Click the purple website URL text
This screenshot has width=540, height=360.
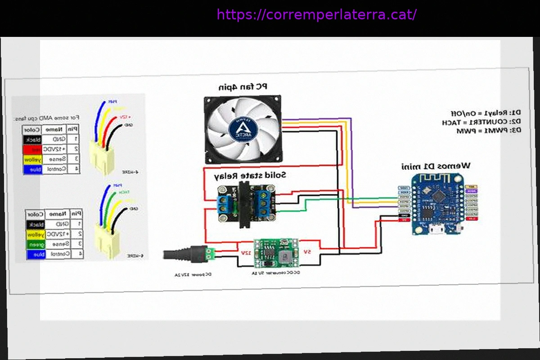[316, 15]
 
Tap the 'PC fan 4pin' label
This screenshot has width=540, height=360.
[243, 87]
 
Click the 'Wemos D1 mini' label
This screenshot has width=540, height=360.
[436, 166]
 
